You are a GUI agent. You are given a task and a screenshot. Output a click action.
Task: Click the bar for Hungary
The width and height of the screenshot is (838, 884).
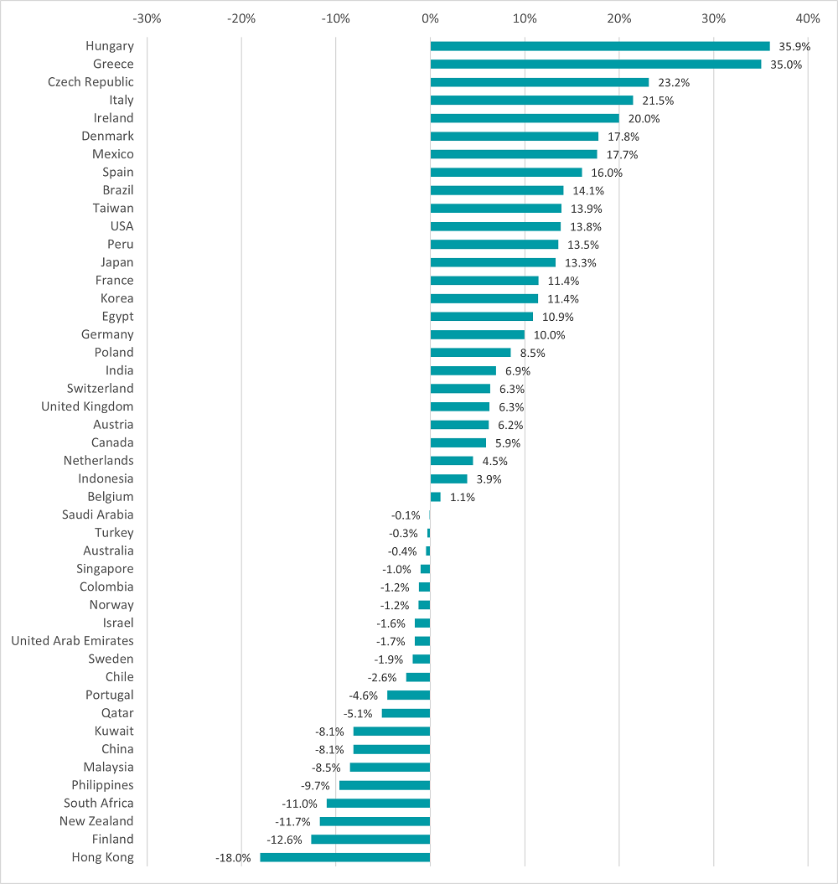(x=600, y=46)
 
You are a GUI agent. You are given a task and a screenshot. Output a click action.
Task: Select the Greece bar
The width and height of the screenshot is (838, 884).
(x=596, y=65)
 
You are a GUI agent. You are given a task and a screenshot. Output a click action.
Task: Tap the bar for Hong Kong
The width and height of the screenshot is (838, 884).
(x=345, y=857)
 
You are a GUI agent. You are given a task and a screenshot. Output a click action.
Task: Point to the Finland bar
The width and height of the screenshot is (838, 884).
(x=370, y=839)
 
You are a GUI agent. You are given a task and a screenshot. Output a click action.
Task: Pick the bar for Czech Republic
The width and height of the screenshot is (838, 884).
(x=540, y=82)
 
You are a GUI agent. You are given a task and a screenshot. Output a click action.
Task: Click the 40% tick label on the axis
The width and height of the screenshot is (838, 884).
(x=808, y=18)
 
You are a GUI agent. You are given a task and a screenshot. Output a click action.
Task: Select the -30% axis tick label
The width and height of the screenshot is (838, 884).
(x=147, y=18)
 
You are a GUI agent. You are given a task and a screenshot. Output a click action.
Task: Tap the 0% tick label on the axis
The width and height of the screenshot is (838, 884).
(x=430, y=18)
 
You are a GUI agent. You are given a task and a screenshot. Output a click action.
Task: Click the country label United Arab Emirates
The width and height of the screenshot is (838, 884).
(x=72, y=641)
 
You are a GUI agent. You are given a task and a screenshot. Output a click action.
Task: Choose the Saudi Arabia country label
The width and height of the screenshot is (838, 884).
(x=97, y=514)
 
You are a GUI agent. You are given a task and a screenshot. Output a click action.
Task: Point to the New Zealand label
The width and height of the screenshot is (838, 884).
(x=96, y=821)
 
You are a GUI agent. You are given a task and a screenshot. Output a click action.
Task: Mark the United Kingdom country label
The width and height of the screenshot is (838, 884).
(x=87, y=406)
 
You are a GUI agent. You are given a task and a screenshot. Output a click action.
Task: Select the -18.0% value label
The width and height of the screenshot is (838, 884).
(x=233, y=858)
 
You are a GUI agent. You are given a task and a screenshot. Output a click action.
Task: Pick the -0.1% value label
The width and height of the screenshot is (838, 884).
(x=406, y=515)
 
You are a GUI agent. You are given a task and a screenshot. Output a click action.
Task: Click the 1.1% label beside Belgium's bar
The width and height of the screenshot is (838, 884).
(x=462, y=497)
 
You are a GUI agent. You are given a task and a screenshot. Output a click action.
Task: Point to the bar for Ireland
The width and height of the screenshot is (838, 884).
(x=525, y=118)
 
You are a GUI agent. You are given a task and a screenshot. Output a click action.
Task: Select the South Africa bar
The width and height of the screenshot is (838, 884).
(x=378, y=803)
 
